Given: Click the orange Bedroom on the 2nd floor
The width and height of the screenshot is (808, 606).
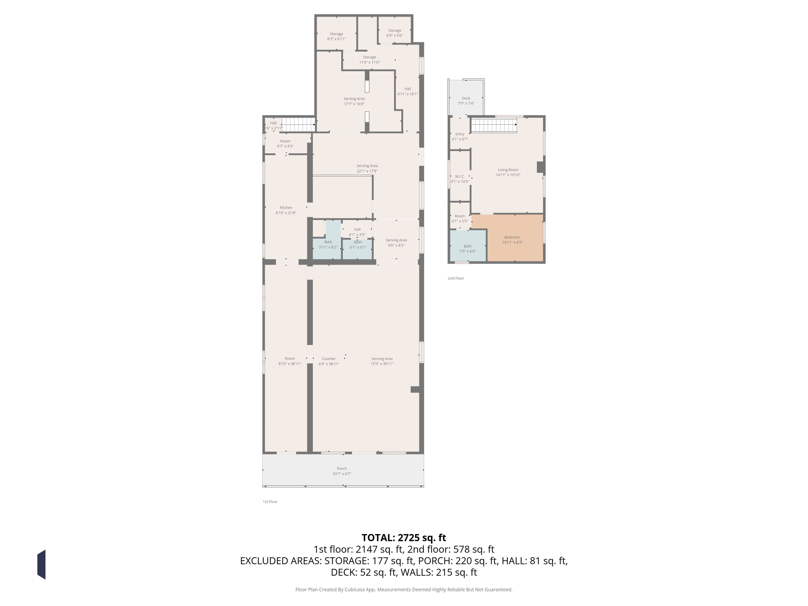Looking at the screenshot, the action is tap(515, 238).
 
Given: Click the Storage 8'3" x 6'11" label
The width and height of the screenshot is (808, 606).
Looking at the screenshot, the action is tap(336, 36).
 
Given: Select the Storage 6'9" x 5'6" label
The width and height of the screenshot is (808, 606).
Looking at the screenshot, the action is tap(394, 33).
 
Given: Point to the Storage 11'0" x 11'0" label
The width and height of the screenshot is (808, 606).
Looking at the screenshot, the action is tap(369, 60).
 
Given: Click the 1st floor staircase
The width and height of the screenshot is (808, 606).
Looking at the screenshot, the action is tap(298, 124).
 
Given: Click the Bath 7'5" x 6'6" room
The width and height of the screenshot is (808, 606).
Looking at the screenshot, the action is tap(468, 245).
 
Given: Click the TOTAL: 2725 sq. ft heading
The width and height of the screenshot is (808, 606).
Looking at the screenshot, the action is tap(404, 538).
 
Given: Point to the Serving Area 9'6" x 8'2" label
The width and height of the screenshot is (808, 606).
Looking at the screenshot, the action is tap(396, 243).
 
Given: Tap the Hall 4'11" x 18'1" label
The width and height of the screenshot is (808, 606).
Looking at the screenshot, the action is tap(408, 91).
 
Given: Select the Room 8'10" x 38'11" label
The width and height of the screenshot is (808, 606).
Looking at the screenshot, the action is tap(290, 361).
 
